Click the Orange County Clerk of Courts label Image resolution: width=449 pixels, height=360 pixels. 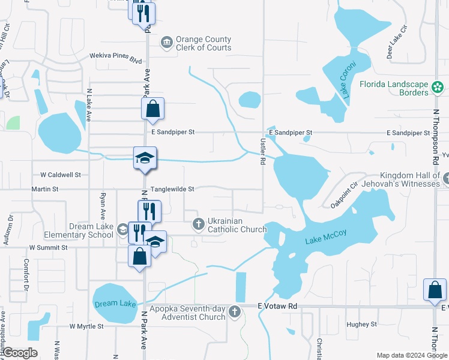203,44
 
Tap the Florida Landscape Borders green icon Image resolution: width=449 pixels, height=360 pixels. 437,88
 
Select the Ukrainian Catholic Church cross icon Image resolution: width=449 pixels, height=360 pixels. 199,224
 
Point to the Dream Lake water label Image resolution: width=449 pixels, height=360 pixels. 115,304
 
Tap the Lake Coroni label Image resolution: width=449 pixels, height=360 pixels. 348,79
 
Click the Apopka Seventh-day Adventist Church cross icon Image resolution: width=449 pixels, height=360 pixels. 234,312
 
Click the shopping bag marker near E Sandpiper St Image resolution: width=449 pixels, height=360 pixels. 153,109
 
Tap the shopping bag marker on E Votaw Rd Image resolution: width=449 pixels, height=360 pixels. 434,290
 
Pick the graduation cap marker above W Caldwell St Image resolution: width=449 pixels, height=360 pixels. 145,158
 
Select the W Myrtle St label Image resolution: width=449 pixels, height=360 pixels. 86,326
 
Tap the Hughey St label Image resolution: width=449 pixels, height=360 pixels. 361,324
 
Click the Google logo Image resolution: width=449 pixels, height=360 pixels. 20,353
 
